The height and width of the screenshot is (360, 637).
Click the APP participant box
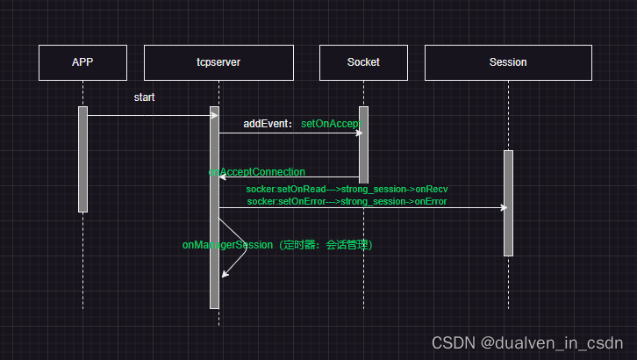point(82,62)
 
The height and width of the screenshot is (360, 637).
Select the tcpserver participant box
point(218,62)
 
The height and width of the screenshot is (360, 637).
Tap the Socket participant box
point(363,62)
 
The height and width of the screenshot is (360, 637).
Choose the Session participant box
point(508,62)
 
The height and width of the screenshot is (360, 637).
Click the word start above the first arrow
point(144,97)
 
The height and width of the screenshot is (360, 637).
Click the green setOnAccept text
point(332,125)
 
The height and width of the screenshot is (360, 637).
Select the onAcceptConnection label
point(258,172)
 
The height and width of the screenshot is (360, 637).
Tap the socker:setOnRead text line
point(347,189)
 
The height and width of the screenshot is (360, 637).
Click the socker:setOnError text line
point(347,201)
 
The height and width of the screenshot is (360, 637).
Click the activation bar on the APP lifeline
point(82,159)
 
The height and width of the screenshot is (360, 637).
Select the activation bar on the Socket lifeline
point(363,144)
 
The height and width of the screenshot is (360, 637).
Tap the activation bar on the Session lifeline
point(508,203)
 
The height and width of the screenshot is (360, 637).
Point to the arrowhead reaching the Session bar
point(504,208)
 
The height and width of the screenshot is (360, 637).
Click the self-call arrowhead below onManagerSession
point(225,274)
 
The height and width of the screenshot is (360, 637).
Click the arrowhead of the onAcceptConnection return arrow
point(222,176)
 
